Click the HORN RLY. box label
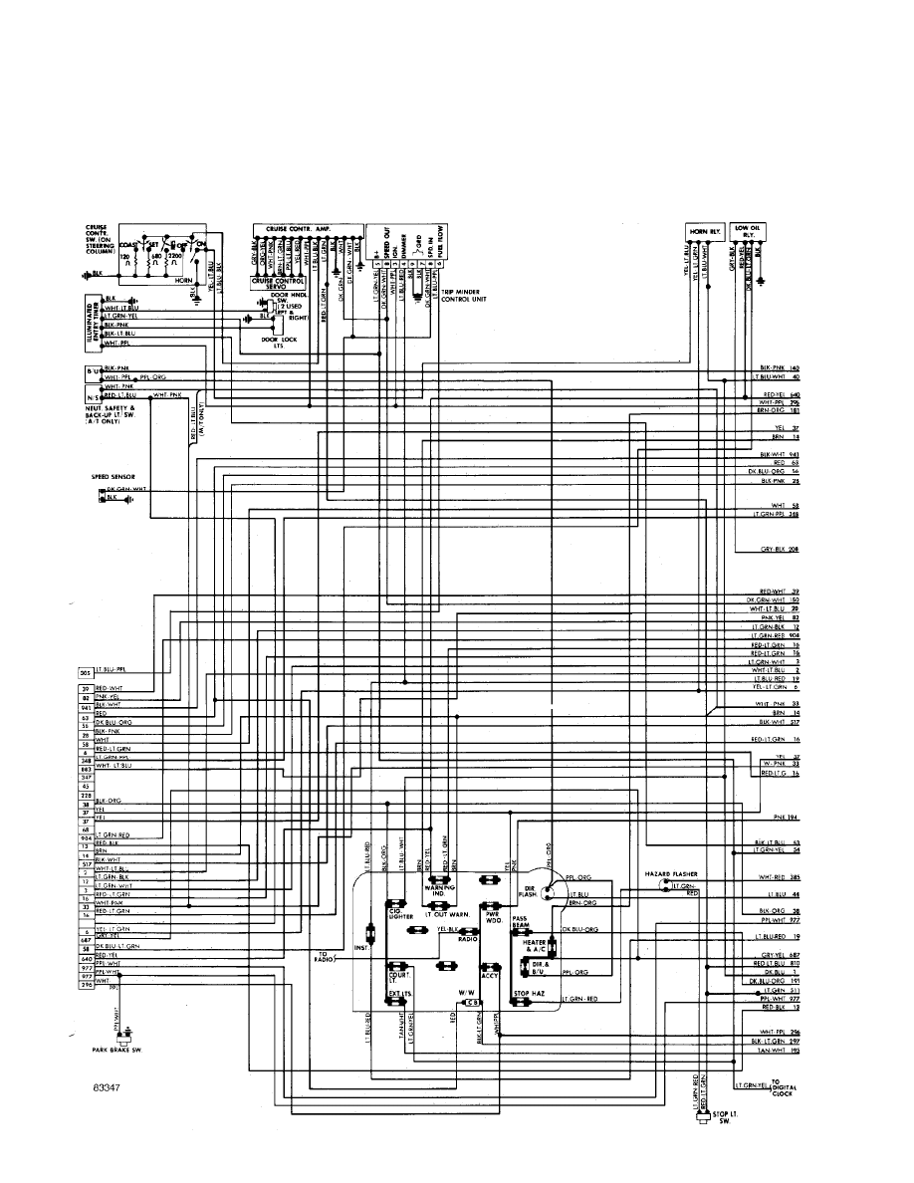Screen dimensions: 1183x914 (x=702, y=231)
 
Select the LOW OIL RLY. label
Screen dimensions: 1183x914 (x=747, y=229)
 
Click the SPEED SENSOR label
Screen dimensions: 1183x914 (x=110, y=477)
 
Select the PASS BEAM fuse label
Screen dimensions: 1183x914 (x=521, y=921)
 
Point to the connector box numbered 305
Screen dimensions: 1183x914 (x=85, y=673)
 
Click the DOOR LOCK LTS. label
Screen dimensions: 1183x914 (x=273, y=343)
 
